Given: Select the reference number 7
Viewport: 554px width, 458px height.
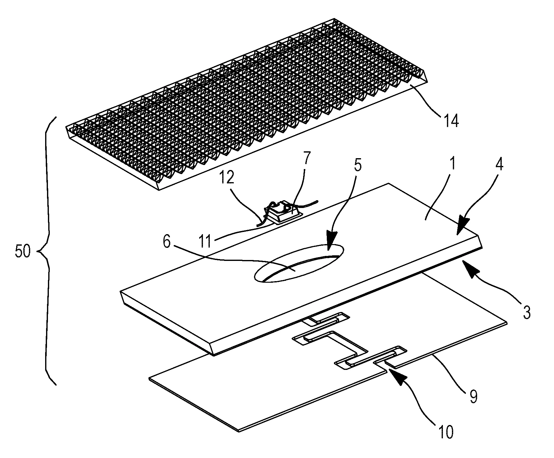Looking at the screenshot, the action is click(x=307, y=159).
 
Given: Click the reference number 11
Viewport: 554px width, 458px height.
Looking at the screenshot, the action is click(x=206, y=242).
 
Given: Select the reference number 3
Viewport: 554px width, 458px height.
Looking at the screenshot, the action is click(x=526, y=313).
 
